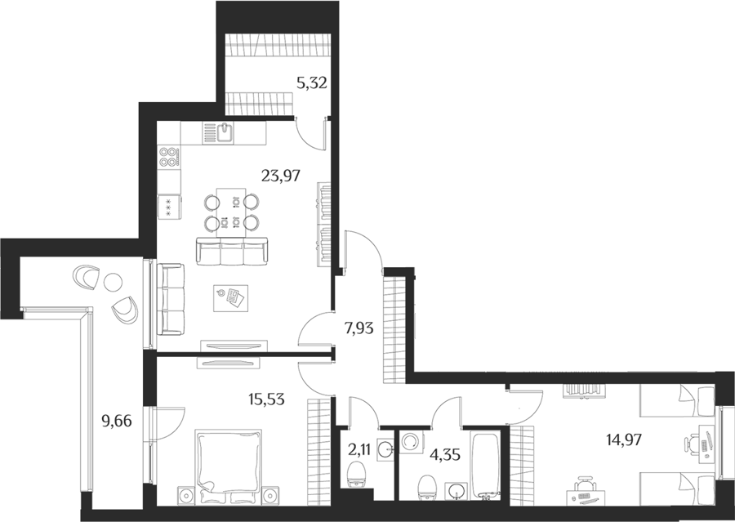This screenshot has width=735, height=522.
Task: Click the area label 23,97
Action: point(280,176)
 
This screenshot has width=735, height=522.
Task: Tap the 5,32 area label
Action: point(311,83)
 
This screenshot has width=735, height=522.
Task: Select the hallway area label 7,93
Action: point(359,328)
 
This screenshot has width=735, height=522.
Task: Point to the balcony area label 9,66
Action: point(117,422)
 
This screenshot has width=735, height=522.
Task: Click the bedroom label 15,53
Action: point(266,400)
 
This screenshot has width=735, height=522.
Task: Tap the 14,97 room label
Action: point(622,440)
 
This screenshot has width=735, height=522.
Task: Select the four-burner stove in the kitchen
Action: point(169,157)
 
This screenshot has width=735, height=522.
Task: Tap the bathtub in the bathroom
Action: point(486,467)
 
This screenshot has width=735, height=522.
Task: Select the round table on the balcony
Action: point(113,282)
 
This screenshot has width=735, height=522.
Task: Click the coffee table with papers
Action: point(230,298)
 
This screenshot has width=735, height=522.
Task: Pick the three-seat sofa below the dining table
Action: point(232,250)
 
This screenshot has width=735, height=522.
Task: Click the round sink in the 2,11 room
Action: point(386,450)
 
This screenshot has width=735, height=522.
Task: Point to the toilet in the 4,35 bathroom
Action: point(426,489)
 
